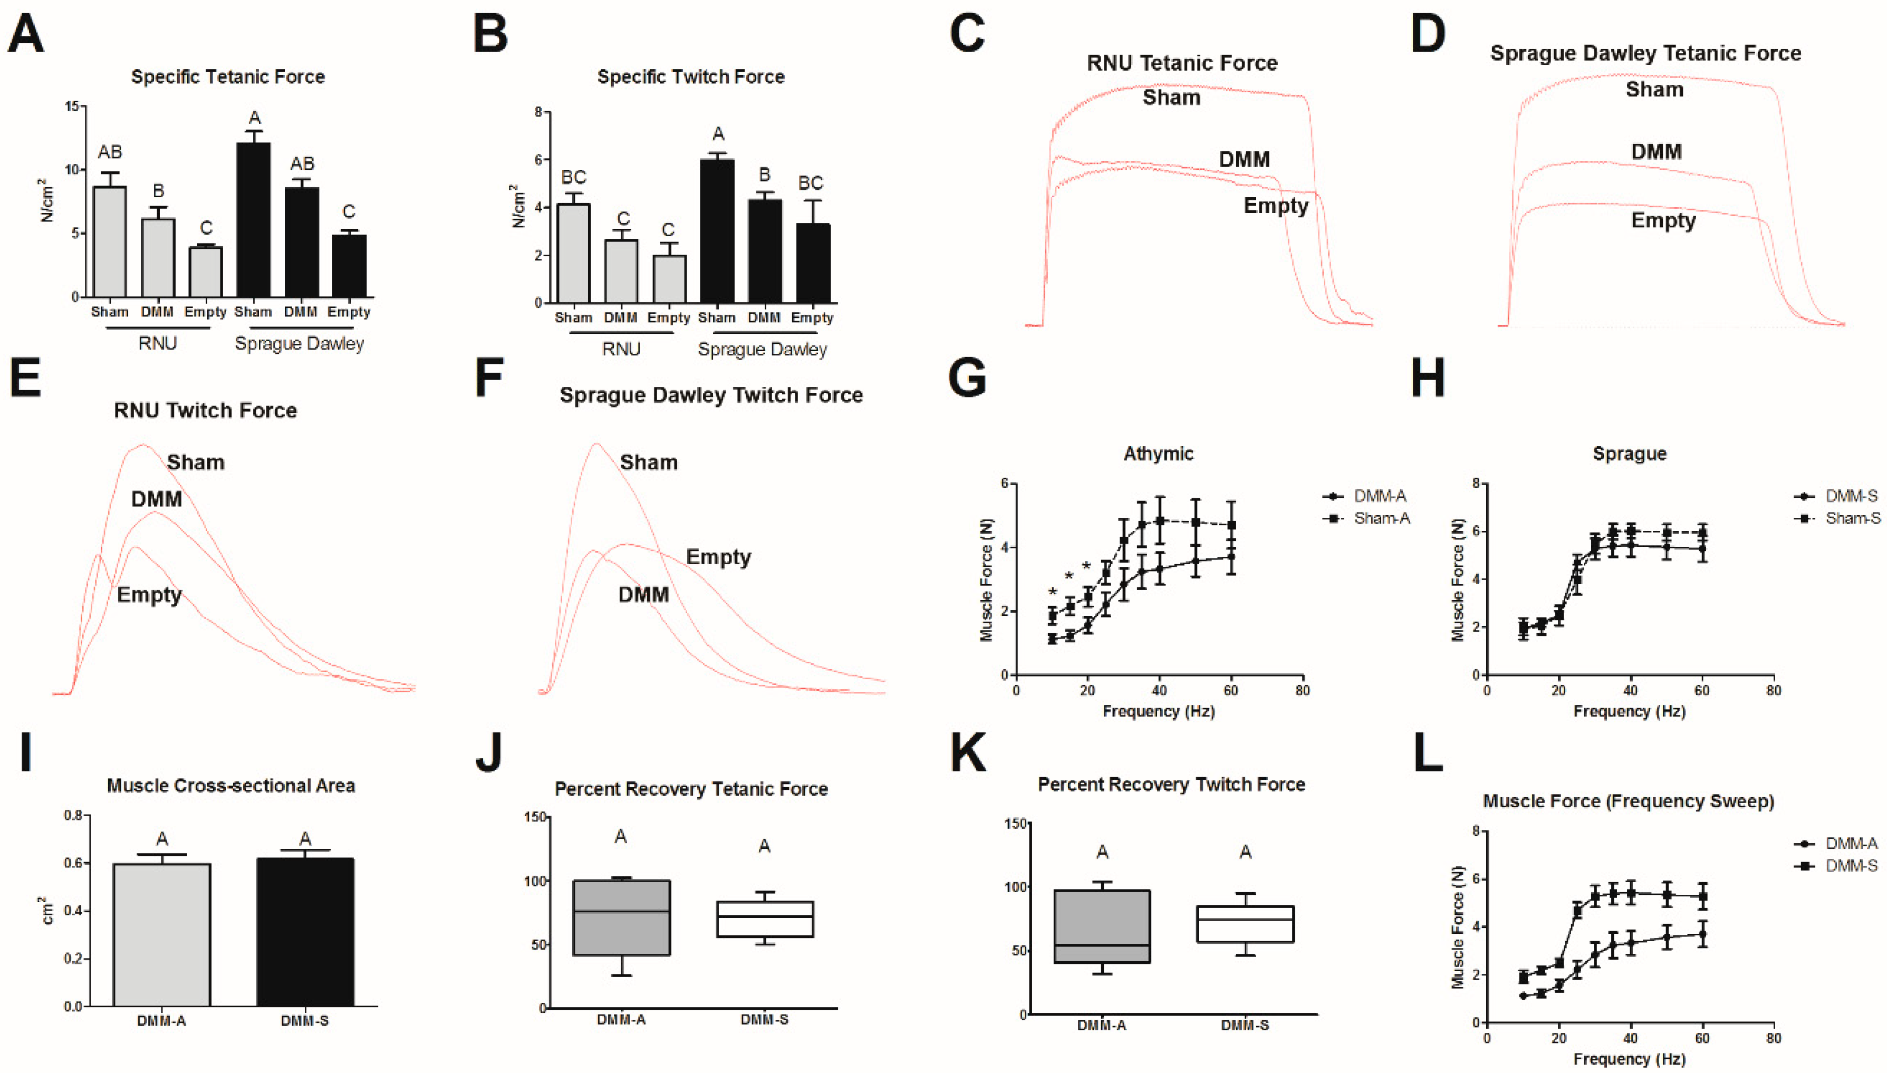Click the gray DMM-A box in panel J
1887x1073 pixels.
(621, 917)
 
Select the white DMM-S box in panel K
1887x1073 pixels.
(1245, 924)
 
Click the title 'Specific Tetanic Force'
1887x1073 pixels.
(228, 76)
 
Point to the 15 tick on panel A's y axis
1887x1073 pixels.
(72, 106)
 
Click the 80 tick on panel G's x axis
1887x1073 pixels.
(1303, 691)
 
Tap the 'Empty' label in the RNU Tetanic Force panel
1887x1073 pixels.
(1276, 206)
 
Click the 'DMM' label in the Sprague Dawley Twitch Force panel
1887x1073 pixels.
(643, 594)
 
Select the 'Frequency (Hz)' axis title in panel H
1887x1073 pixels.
(1629, 711)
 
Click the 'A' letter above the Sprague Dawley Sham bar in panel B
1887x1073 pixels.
(718, 134)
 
